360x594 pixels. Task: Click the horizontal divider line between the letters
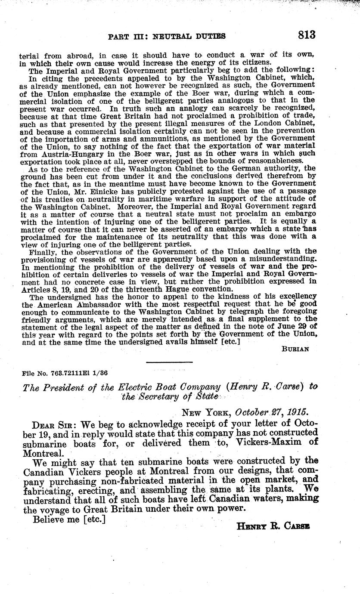tap(163, 362)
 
